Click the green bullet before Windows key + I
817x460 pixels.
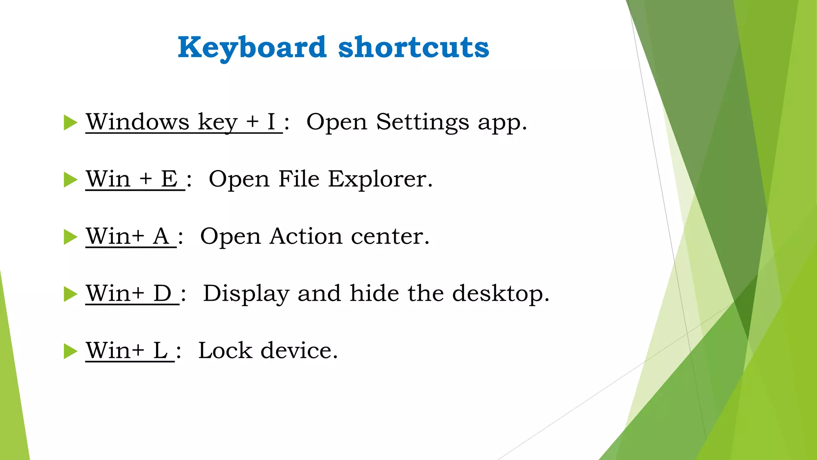(x=70, y=123)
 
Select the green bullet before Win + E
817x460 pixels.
(x=70, y=180)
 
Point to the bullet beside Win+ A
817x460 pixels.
(x=70, y=237)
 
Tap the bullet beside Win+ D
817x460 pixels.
(x=70, y=294)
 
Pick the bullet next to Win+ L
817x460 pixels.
(x=70, y=351)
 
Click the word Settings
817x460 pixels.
(x=422, y=122)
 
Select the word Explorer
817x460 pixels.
(x=380, y=179)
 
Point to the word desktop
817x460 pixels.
(x=501, y=293)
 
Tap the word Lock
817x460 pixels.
(x=225, y=351)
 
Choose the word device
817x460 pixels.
(x=299, y=351)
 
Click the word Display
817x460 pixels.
(x=246, y=293)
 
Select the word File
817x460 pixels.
(x=299, y=179)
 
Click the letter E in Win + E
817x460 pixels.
(x=169, y=179)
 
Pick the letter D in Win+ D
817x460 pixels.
(x=162, y=293)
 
